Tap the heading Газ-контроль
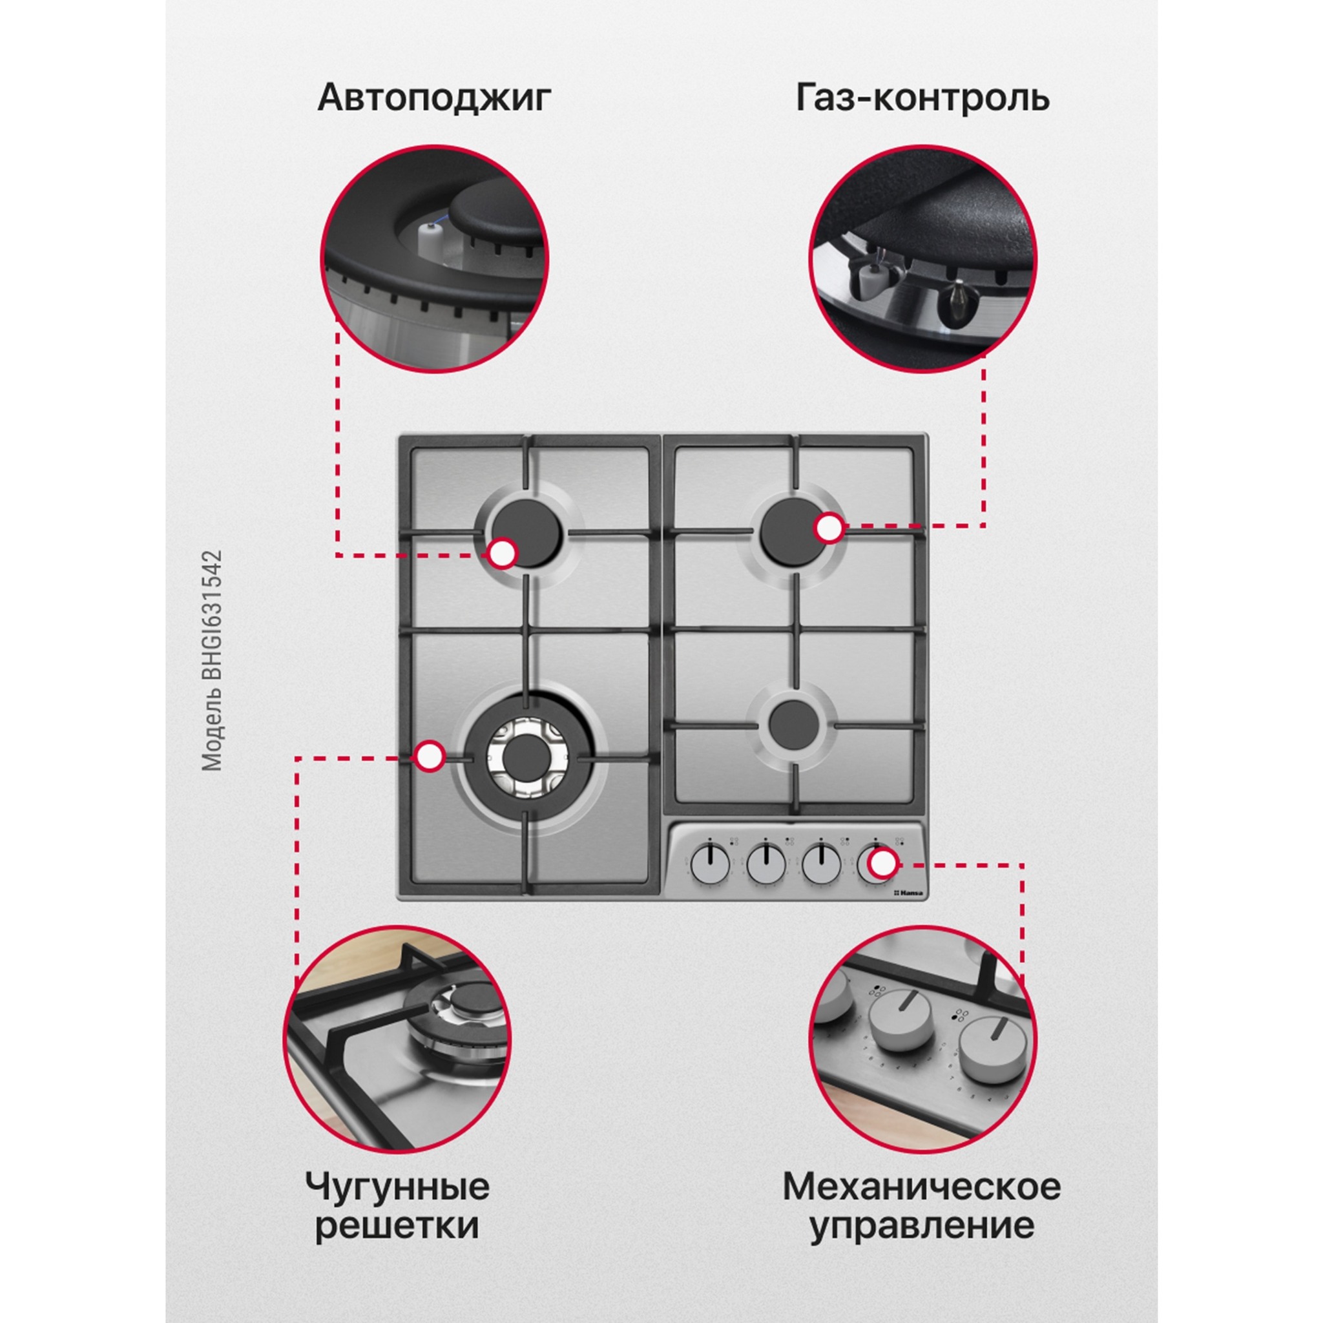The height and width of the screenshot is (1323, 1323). [922, 98]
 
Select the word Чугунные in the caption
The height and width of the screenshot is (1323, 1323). [397, 1129]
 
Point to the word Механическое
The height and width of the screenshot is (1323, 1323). [922, 1129]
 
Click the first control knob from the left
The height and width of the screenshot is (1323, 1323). [710, 865]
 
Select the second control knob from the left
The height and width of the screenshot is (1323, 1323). [766, 865]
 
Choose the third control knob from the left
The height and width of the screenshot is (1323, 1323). [821, 865]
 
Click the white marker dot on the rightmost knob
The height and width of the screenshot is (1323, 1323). [883, 864]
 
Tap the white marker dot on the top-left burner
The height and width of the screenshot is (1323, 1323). [503, 554]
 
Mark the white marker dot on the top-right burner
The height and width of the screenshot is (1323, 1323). [829, 528]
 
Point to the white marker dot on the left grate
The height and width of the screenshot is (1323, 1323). [430, 756]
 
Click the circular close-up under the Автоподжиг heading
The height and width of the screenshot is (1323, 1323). [434, 259]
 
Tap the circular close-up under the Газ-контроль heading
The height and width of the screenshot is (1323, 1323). [922, 259]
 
